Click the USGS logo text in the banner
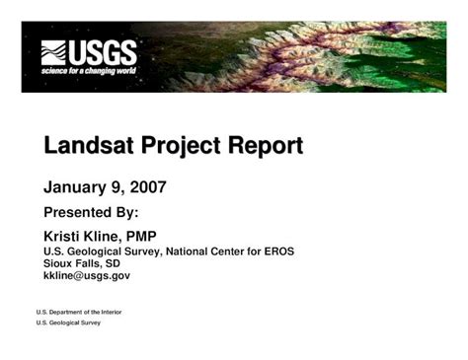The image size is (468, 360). click(x=102, y=51)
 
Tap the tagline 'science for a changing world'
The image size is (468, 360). click(x=88, y=71)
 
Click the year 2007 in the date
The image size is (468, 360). click(x=146, y=186)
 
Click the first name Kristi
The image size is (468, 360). click(x=65, y=237)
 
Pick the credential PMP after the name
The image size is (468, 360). click(x=134, y=237)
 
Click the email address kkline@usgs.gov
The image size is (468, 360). click(x=87, y=276)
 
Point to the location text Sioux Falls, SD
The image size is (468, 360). click(x=82, y=263)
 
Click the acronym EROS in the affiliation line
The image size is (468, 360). click(x=276, y=252)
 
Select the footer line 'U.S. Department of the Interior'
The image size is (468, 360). click(x=78, y=312)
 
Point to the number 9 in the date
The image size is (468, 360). click(x=117, y=186)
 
